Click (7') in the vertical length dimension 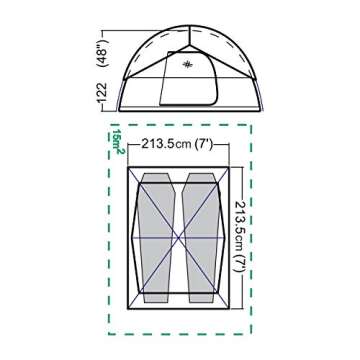239,259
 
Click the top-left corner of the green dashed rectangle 110,125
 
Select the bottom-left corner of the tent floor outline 128,307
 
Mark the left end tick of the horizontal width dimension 127,144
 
